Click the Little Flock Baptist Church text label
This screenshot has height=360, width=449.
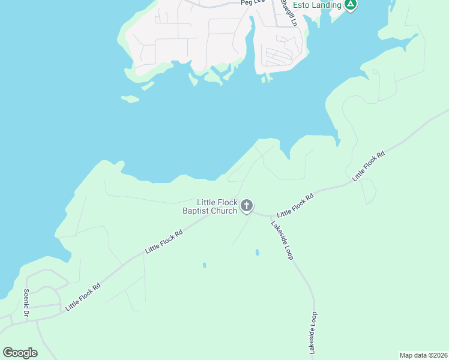pos(210,206)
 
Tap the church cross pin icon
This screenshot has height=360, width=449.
pos(246,206)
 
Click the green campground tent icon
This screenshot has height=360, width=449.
pos(351,5)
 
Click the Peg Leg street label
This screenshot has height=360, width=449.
pos(253,2)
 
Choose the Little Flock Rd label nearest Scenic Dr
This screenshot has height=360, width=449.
pos(83,296)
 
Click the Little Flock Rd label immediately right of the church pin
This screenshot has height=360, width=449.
pos(295,205)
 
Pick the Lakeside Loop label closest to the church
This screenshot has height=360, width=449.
pos(282,240)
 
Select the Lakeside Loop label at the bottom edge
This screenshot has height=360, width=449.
pos(312,333)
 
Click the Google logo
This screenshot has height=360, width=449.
pos(20,353)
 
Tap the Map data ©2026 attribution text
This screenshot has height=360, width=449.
pos(423,355)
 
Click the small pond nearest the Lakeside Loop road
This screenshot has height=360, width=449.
pos(257,252)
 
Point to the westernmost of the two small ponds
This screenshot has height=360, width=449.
pos(204,264)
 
